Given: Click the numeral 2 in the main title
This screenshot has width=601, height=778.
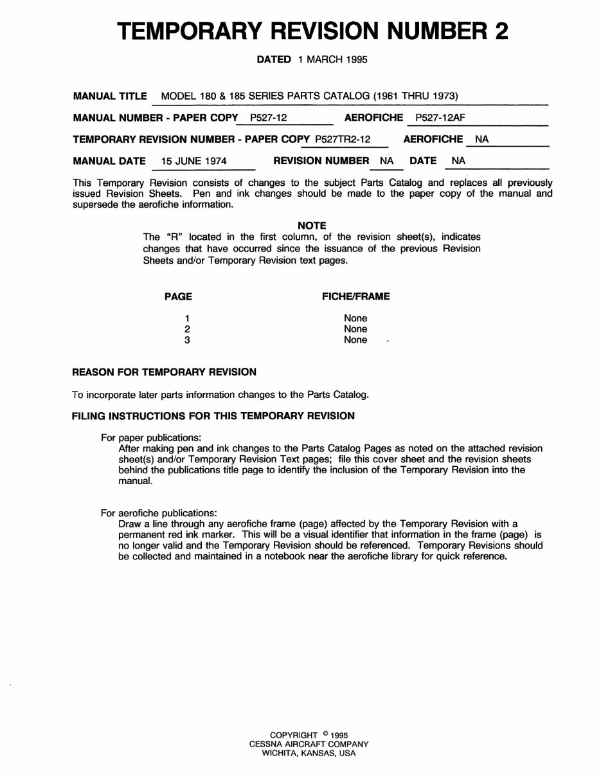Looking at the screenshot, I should [x=500, y=31].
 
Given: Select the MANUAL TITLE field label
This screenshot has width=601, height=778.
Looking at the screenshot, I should [x=110, y=96].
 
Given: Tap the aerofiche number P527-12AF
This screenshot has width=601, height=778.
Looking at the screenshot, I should [x=440, y=118].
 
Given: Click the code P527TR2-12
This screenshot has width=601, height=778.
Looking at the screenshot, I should [x=343, y=139].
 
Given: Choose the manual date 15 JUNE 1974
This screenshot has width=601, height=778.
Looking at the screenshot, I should [x=193, y=161].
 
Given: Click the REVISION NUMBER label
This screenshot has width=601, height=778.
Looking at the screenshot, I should [x=321, y=161].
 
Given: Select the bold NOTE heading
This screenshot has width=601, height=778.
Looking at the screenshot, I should [x=312, y=226].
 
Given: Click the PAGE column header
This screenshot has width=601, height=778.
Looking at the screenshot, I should [x=178, y=296].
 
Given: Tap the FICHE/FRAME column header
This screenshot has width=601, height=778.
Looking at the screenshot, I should [x=355, y=296].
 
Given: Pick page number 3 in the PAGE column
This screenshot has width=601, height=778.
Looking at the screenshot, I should [x=187, y=340].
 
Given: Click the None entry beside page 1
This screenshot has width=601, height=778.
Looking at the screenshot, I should [x=355, y=318].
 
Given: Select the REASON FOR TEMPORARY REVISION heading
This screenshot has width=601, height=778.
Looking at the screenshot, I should [x=164, y=372].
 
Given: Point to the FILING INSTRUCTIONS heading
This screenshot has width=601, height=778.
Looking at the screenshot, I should [x=213, y=416].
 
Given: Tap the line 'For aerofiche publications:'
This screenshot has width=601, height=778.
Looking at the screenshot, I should [x=159, y=513].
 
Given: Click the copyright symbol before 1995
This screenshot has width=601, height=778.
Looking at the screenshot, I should [x=326, y=734].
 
